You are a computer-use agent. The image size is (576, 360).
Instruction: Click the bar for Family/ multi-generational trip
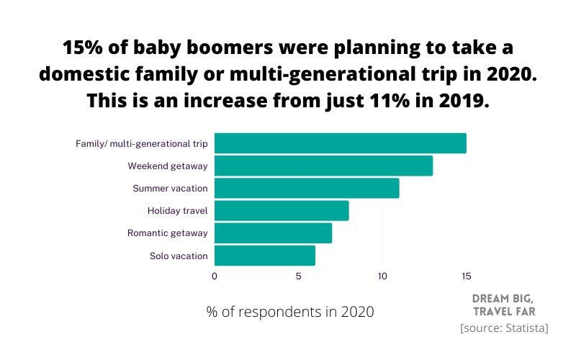340,143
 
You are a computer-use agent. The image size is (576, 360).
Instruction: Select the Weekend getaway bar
323,166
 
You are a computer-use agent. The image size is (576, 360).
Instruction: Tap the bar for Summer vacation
307,188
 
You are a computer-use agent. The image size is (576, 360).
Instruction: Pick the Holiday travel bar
282,210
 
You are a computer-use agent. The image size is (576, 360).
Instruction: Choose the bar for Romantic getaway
273,233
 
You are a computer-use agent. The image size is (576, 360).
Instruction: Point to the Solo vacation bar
265,256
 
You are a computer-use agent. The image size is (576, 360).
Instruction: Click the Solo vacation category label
179,256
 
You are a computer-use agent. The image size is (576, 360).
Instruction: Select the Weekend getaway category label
168,166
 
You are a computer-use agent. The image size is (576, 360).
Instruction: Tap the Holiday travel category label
177,211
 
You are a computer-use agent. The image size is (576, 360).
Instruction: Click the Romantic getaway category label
167,233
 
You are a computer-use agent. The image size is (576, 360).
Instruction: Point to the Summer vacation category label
170,189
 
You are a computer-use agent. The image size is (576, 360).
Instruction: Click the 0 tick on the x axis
215,276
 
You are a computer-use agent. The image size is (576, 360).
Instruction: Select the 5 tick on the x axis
298,276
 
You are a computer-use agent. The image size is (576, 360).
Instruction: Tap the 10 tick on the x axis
382,276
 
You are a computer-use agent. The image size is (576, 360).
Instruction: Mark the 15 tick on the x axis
466,276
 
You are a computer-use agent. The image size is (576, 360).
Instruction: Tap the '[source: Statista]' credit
504,328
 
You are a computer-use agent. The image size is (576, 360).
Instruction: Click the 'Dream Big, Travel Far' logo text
503,305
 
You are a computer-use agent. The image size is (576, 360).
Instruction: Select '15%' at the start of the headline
83,48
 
